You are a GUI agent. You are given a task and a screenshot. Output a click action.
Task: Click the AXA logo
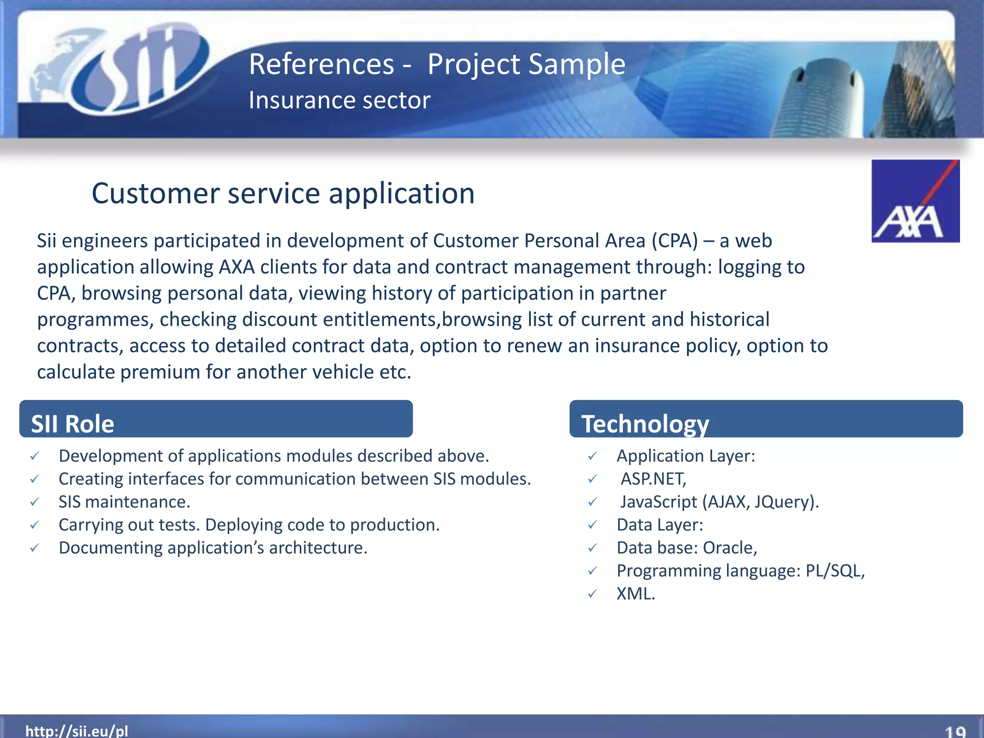click(915, 201)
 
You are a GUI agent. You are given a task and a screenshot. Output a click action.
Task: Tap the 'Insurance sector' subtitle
click(339, 100)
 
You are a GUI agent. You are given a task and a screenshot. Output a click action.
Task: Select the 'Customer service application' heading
click(283, 193)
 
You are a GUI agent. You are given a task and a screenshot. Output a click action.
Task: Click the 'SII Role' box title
click(73, 423)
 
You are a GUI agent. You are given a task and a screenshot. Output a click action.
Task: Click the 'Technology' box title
click(645, 423)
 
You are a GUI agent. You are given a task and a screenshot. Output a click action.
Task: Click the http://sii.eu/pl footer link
click(77, 731)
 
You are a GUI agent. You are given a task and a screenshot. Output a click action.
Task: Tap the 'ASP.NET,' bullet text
click(653, 479)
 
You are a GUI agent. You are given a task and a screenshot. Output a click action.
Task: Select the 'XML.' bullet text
click(635, 594)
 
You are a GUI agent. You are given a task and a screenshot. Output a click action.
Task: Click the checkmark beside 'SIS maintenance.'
click(35, 502)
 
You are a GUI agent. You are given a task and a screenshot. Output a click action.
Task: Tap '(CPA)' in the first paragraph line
click(675, 241)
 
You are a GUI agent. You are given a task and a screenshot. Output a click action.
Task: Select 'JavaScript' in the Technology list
click(658, 502)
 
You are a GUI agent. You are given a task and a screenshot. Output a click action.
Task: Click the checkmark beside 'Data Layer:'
click(593, 525)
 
